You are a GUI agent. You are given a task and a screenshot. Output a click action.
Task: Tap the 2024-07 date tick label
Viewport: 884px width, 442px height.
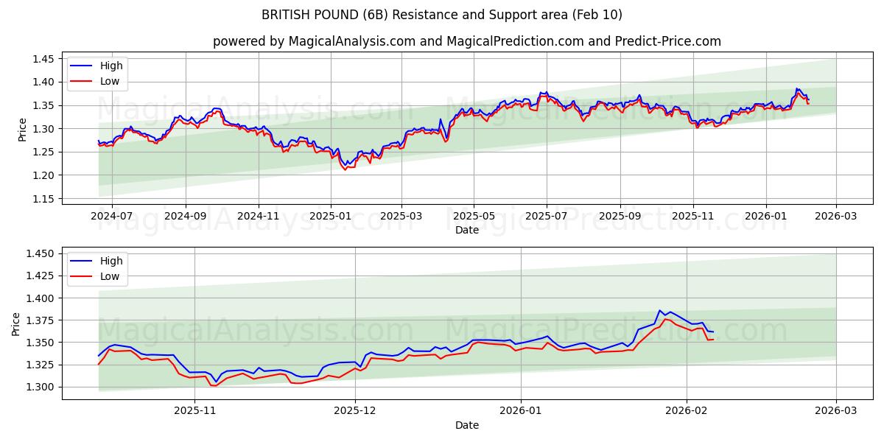(x=111, y=217)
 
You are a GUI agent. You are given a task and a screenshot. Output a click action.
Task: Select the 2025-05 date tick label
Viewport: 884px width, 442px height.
(x=474, y=217)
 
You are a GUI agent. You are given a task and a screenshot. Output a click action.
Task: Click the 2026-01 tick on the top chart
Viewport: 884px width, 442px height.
(x=766, y=217)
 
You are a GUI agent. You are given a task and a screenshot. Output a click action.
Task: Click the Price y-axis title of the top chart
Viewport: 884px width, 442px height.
(x=22, y=129)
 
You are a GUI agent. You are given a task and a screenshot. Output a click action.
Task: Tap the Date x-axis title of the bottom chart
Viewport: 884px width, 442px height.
(x=467, y=425)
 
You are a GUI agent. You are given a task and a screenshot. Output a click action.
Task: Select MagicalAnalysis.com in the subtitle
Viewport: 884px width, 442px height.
(x=345, y=41)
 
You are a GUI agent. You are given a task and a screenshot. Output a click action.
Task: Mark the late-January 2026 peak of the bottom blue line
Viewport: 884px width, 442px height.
(x=660, y=311)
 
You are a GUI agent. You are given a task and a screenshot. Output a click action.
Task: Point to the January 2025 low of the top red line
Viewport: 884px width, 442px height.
(x=344, y=169)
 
